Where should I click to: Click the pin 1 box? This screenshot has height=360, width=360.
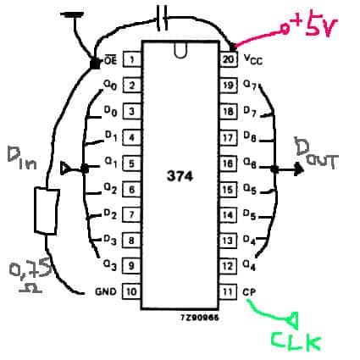point(132,59)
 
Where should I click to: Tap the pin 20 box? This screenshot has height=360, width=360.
point(229,59)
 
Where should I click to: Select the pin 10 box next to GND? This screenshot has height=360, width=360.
point(131,291)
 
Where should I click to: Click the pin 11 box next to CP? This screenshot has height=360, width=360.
point(228,291)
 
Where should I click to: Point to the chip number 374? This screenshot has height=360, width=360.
point(180,176)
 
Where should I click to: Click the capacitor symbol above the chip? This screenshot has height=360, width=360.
point(163,19)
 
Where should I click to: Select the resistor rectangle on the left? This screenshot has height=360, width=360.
point(47,211)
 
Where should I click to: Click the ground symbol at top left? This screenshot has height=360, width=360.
point(74,14)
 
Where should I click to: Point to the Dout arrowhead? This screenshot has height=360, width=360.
point(299,169)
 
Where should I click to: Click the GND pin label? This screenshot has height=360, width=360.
point(106,291)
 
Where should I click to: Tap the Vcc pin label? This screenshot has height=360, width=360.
point(253,59)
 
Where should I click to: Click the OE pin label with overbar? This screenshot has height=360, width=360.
point(110,59)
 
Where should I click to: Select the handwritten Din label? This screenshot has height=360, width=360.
point(22,158)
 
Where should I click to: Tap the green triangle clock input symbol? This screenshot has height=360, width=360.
point(293,320)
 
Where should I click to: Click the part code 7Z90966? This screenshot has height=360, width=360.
point(200,318)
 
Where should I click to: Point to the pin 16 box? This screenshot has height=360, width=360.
point(228,163)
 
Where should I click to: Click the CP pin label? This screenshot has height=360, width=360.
point(249,291)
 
